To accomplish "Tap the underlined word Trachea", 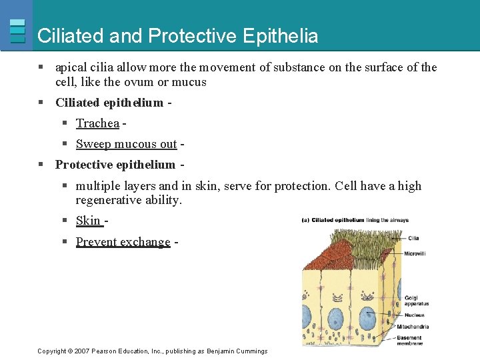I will [x=97, y=123].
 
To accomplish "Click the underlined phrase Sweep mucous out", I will [x=126, y=144].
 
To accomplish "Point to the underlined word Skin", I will [x=88, y=221].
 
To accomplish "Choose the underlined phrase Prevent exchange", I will [x=123, y=242].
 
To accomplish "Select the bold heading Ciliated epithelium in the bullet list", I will [x=109, y=103].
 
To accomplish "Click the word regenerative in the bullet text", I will [x=109, y=200].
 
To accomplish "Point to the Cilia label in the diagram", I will [x=413, y=238].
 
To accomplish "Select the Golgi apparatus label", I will [x=416, y=301].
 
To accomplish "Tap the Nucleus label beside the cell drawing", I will [x=415, y=315].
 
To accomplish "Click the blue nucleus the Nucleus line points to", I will [x=367, y=319].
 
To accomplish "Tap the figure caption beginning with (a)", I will [x=355, y=220].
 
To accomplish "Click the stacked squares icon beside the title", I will [x=18, y=31].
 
